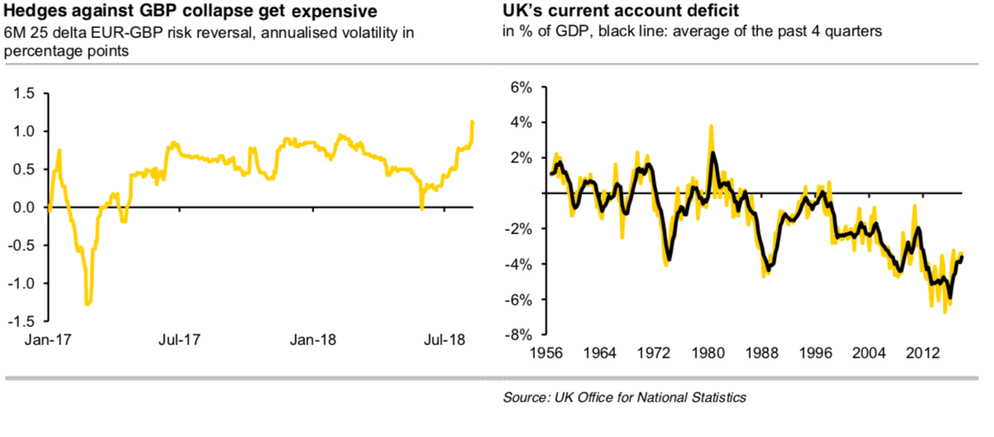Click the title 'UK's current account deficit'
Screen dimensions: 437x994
pyautogui.click(x=594, y=12)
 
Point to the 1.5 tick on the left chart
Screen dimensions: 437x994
pyautogui.click(x=25, y=94)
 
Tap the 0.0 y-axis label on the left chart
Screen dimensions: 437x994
pyautogui.click(x=25, y=208)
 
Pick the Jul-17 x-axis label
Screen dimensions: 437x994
pyautogui.click(x=179, y=339)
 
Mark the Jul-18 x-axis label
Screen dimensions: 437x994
pyautogui.click(x=446, y=339)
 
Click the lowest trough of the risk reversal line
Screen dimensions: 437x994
pyautogui.click(x=88, y=304)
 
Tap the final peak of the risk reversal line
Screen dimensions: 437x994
pyautogui.click(x=472, y=122)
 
